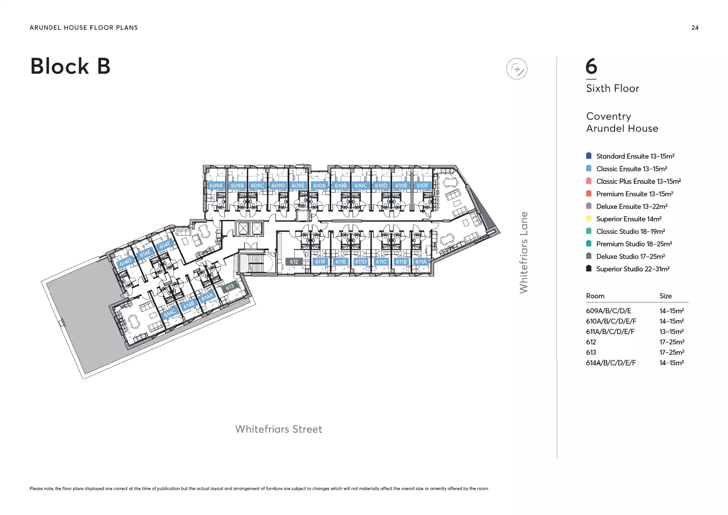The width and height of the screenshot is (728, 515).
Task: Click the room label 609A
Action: (x=216, y=185)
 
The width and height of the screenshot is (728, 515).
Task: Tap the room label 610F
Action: (x=423, y=185)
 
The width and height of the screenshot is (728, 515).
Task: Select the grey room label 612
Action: (x=294, y=262)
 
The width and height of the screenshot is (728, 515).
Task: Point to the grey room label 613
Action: (x=230, y=286)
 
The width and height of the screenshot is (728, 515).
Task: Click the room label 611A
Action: (x=421, y=262)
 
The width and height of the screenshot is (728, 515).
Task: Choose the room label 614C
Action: (x=170, y=313)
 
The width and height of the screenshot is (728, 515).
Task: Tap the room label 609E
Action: (x=298, y=185)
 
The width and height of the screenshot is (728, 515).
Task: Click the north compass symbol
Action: (x=517, y=68)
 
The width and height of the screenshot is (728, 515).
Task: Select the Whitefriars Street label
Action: (x=278, y=429)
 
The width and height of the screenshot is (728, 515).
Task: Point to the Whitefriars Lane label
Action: (x=524, y=252)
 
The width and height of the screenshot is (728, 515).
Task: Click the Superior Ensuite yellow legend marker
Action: (x=589, y=218)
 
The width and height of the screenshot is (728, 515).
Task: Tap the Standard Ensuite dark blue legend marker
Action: (x=589, y=156)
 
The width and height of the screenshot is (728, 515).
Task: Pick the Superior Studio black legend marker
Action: (x=589, y=268)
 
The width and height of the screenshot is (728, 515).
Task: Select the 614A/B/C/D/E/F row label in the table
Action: (x=611, y=363)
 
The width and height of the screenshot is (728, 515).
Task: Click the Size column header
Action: (x=666, y=296)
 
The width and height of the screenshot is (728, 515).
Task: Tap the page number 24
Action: (x=695, y=28)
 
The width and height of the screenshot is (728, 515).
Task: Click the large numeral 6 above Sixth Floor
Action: (x=591, y=66)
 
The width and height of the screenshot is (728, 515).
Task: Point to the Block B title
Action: (x=71, y=66)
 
